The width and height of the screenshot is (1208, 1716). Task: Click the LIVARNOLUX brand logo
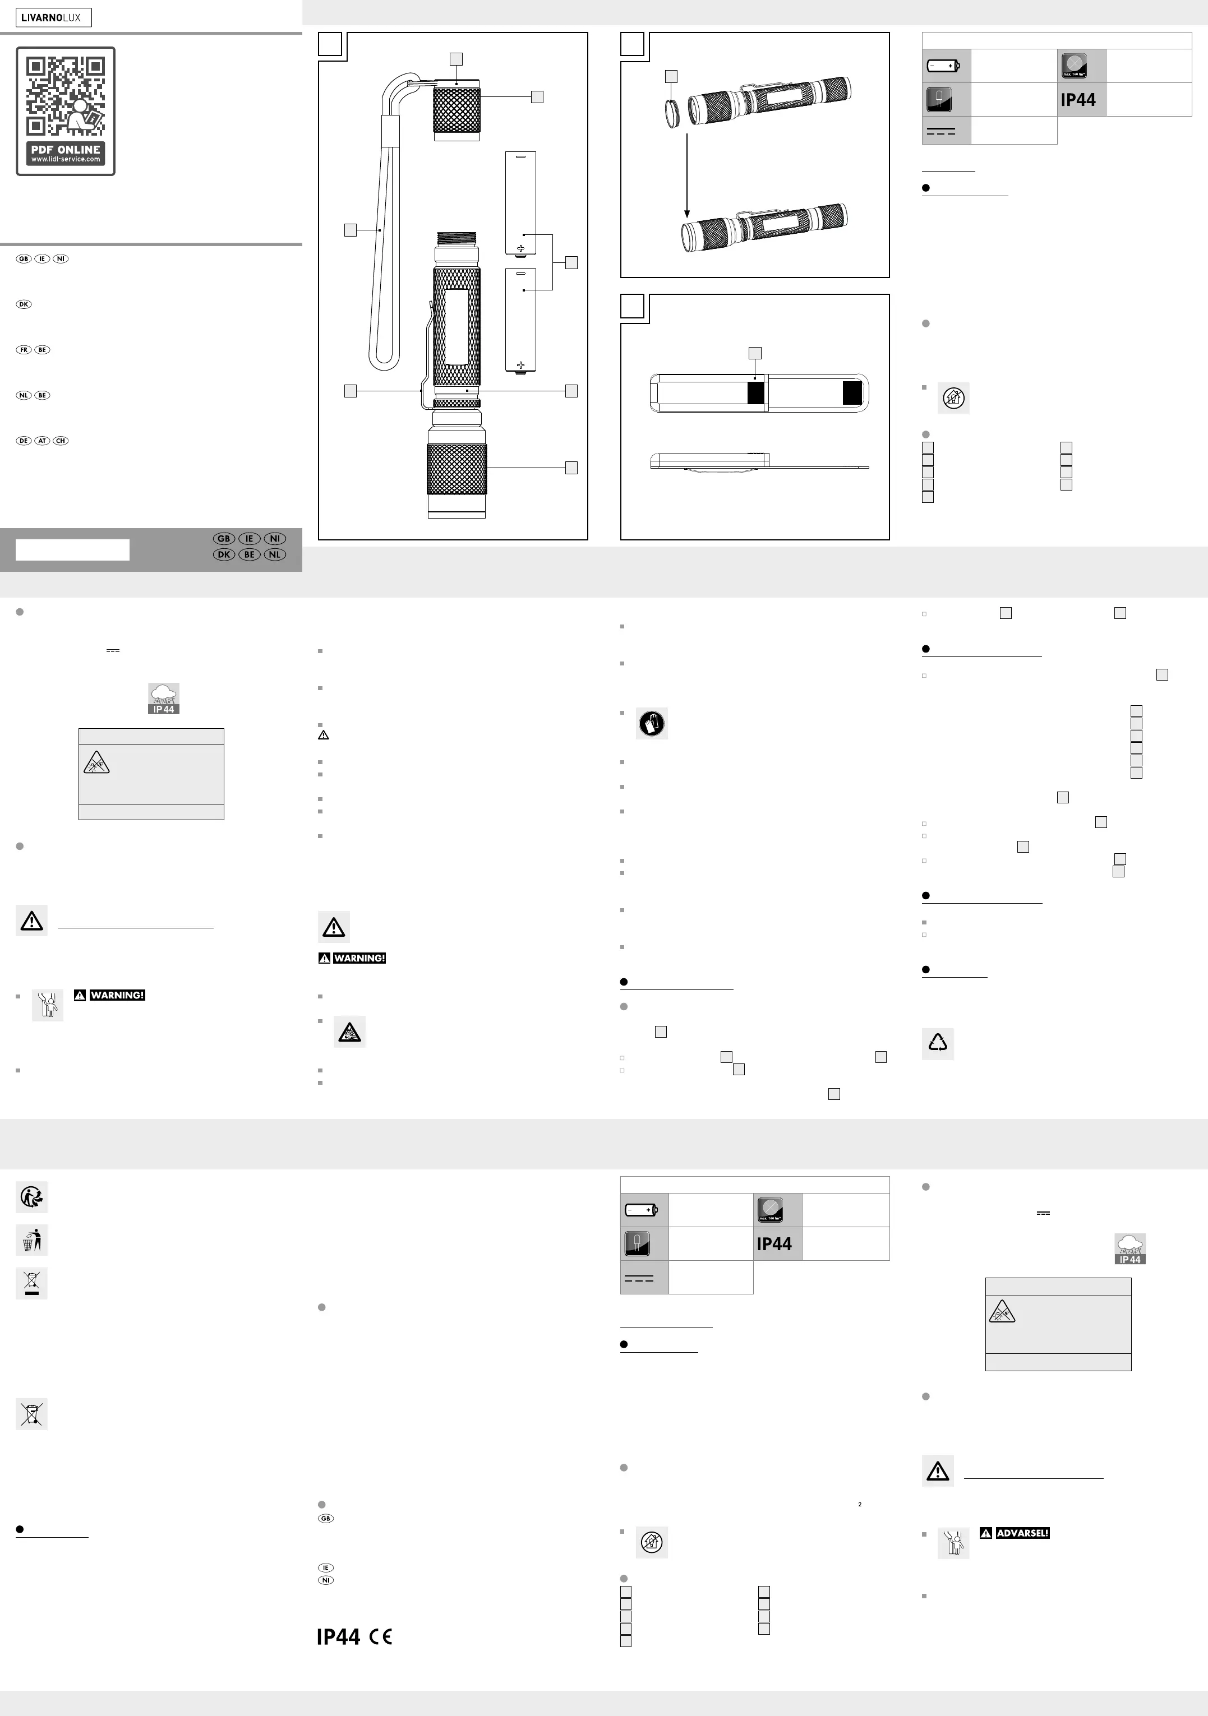point(53,18)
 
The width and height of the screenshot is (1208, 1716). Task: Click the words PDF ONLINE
point(65,150)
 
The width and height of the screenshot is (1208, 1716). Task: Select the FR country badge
point(24,350)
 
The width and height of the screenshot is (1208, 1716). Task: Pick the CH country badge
point(61,441)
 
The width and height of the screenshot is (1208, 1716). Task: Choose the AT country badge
point(43,441)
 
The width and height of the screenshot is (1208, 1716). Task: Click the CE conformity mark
point(380,1637)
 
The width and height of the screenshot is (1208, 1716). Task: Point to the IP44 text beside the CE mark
point(338,1637)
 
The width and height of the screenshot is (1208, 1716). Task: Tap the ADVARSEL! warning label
point(1022,1533)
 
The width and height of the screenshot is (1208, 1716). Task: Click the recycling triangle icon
point(937,1043)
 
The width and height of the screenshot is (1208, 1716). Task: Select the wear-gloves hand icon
point(652,724)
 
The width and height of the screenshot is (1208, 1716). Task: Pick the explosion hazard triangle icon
point(349,1032)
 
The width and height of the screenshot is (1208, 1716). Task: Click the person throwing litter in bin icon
point(31,1240)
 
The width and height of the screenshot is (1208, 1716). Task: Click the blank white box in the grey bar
point(72,550)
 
